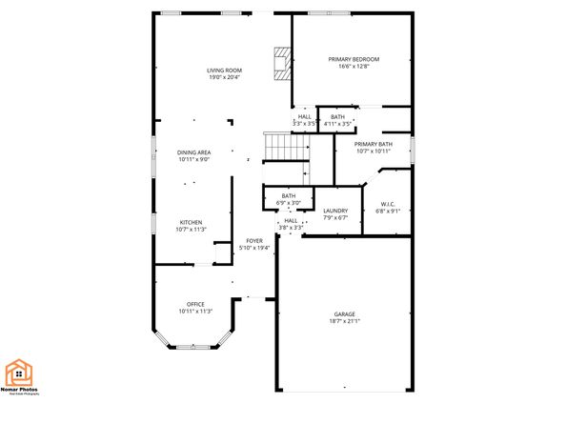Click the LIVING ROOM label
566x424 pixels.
pyautogui.click(x=225, y=71)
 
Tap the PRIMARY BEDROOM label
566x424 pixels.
pyautogui.click(x=353, y=59)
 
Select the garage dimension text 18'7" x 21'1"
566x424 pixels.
pyautogui.click(x=344, y=321)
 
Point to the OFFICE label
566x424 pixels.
pyautogui.click(x=195, y=304)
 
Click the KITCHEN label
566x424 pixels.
pyautogui.click(x=192, y=222)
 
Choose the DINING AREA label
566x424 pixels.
pyautogui.click(x=193, y=152)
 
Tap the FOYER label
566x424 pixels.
pyautogui.click(x=254, y=241)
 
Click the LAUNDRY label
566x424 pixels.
pyautogui.click(x=335, y=211)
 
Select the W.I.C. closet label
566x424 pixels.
pyautogui.click(x=388, y=203)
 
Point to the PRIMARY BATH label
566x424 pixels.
pyautogui.click(x=373, y=144)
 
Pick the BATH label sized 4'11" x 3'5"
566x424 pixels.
pyautogui.click(x=337, y=116)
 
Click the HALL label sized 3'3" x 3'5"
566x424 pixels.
pyautogui.click(x=305, y=116)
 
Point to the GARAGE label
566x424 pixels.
pyautogui.click(x=344, y=313)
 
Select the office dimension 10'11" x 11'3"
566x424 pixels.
pyautogui.click(x=195, y=312)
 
